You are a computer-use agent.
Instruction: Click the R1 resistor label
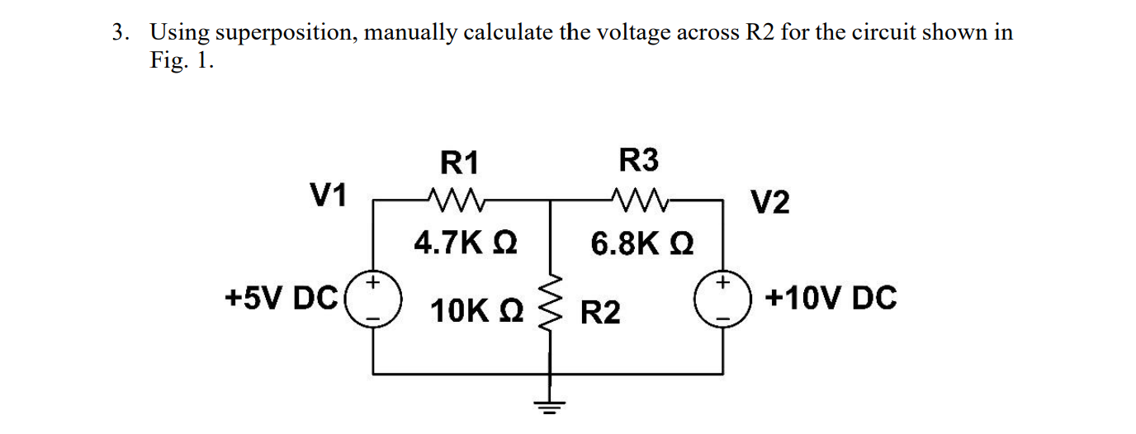460,163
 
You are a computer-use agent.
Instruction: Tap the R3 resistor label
639,160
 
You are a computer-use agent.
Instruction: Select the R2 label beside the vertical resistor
600,314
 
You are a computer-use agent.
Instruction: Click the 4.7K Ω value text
466,243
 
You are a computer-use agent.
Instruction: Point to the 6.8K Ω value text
642,243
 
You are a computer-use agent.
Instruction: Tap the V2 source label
769,201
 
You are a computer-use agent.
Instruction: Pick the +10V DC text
831,297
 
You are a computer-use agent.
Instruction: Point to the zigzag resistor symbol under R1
453,198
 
